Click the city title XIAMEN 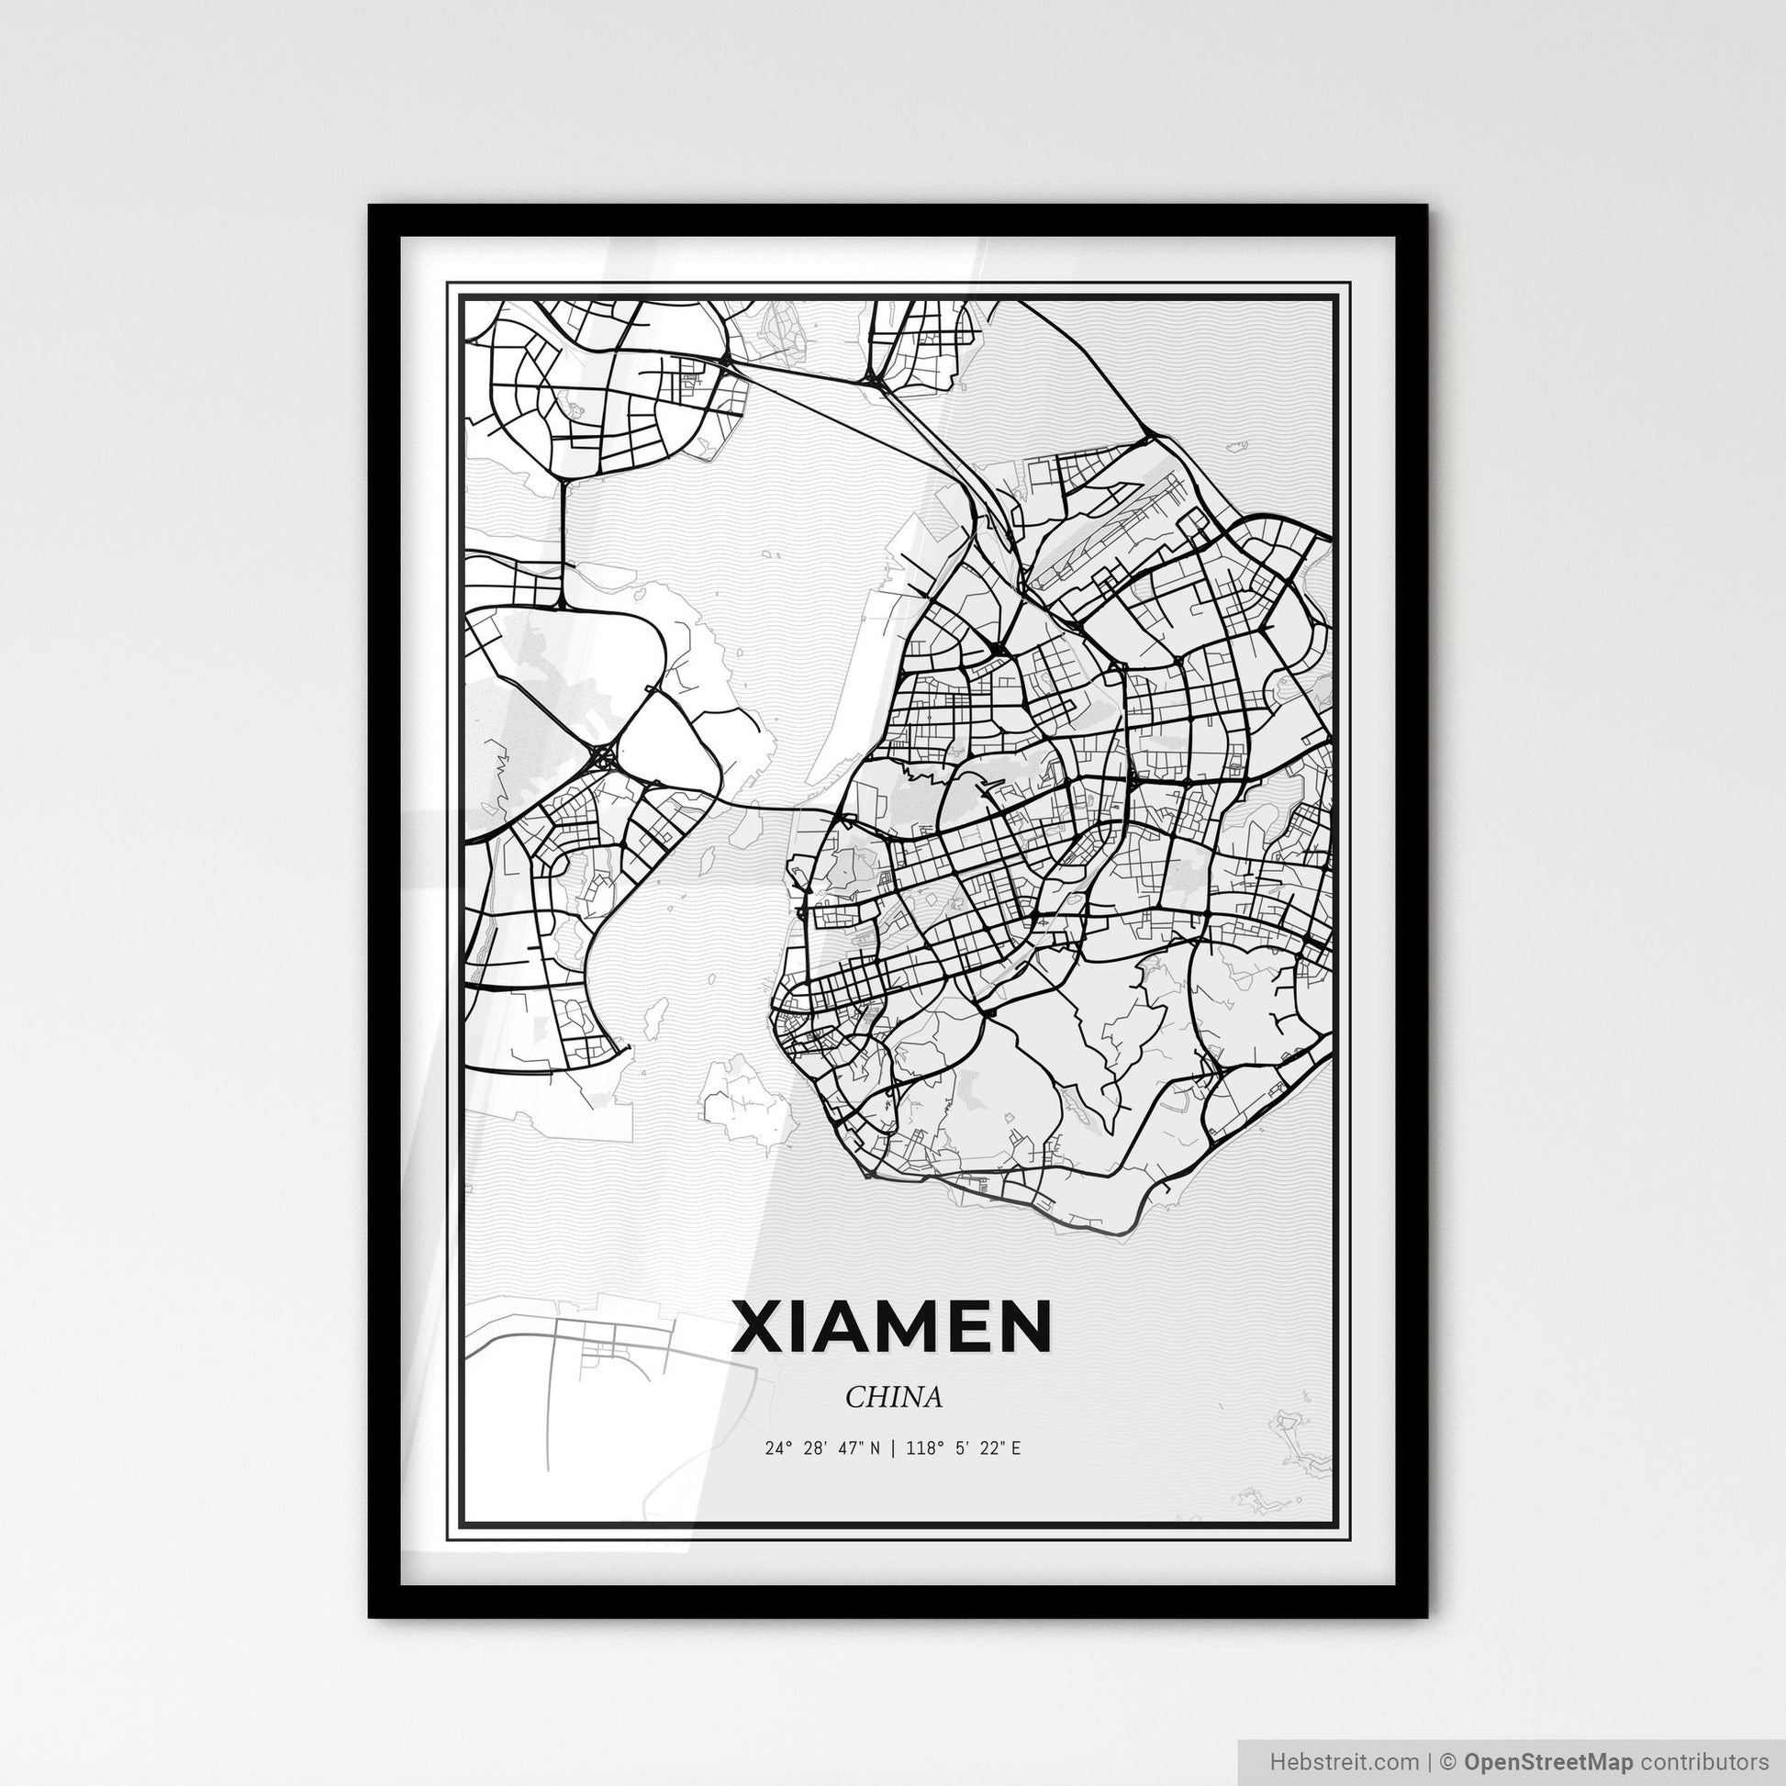892,1326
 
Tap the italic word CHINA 893,1397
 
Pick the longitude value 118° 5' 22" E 964,1448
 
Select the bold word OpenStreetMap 1548,1762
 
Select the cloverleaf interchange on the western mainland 604,758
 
